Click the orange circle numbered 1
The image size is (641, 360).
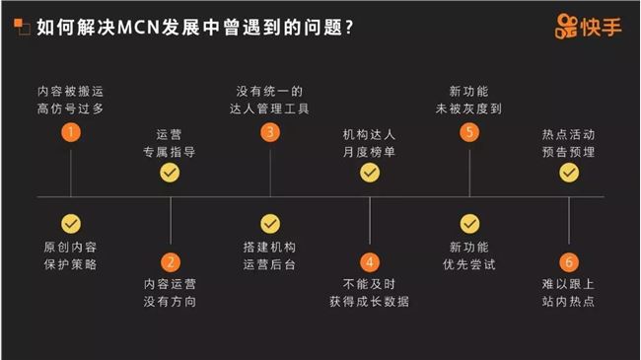click(x=71, y=132)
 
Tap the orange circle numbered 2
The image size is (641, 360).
click(x=171, y=261)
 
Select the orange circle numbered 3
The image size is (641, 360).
click(x=270, y=132)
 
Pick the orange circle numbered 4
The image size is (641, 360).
click(x=370, y=261)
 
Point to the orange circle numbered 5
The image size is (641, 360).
click(x=469, y=132)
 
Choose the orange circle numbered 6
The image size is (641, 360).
click(x=569, y=261)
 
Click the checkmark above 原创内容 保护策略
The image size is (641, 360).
click(x=71, y=223)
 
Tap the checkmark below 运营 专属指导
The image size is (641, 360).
click(x=171, y=173)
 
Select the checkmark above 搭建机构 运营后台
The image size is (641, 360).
click(x=270, y=223)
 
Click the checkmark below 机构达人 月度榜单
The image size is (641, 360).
click(x=370, y=173)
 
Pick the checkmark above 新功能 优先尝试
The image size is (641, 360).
click(x=469, y=223)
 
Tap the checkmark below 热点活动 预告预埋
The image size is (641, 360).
click(x=569, y=173)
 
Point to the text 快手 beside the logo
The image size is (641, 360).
click(x=604, y=26)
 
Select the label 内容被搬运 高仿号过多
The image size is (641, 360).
click(x=71, y=100)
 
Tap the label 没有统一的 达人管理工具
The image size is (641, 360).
click(x=270, y=100)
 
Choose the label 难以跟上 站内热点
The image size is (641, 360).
click(x=569, y=293)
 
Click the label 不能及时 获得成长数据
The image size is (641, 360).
click(x=370, y=293)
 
